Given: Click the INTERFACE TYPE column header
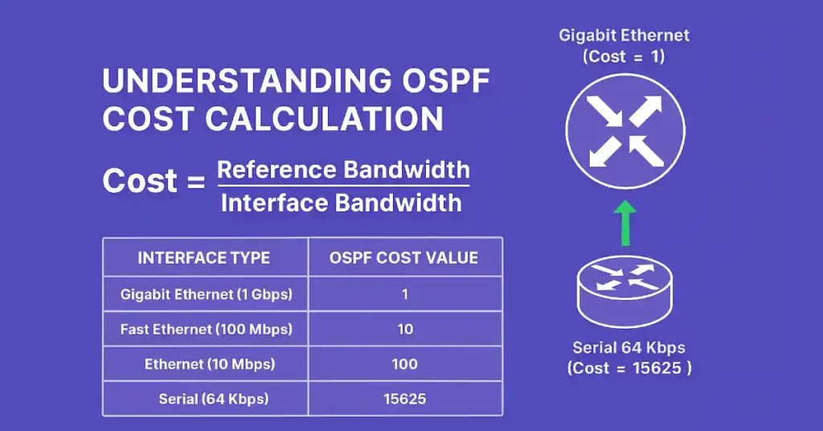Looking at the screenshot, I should [x=204, y=258].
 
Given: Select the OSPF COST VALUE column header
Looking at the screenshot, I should [x=404, y=258].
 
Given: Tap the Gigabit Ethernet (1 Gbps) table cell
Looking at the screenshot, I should [x=206, y=294].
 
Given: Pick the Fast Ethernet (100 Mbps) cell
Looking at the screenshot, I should [x=206, y=329].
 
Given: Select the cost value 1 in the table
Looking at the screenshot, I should [x=405, y=294].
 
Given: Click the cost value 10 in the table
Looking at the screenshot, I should [x=405, y=329].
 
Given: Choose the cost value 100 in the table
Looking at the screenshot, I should [x=405, y=364].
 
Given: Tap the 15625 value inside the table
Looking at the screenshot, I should [x=405, y=399].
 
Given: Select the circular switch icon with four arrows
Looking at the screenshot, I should [x=624, y=131].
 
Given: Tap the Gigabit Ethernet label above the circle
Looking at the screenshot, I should [x=624, y=36].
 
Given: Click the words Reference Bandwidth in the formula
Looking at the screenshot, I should [x=343, y=170].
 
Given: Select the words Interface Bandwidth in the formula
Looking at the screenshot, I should [x=342, y=203].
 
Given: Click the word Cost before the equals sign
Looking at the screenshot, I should [x=139, y=182].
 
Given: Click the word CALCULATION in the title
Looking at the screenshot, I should [x=325, y=119].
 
